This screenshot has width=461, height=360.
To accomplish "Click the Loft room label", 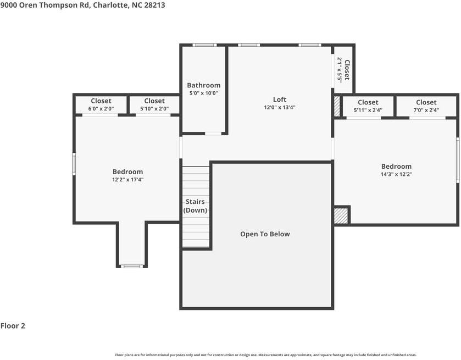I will click(280, 99).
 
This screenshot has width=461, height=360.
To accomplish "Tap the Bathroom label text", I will click(203, 85).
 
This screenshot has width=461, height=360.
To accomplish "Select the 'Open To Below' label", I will click(265, 234).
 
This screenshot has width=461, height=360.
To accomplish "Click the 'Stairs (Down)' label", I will click(195, 206).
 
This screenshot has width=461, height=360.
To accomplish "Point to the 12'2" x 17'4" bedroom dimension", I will click(127, 180).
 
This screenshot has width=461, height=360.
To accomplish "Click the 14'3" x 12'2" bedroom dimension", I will click(396, 174).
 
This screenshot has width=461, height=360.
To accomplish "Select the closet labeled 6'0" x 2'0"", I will click(101, 104).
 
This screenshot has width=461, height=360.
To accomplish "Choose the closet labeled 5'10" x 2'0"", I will click(154, 104).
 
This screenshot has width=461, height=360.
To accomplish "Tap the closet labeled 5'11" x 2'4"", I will click(368, 106).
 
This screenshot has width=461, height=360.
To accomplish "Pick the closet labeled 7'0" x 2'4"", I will click(426, 106).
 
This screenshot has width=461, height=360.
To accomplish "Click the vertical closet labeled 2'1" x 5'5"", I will click(343, 69).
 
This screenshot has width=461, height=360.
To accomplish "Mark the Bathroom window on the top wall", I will click(204, 45).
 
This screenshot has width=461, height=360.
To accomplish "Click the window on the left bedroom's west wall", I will click(74, 164).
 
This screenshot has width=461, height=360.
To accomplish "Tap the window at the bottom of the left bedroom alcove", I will click(132, 267).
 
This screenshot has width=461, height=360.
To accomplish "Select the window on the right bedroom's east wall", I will click(457, 160).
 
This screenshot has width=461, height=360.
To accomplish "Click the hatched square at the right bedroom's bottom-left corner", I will click(341, 215).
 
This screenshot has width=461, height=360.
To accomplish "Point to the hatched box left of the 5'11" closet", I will click(337, 107).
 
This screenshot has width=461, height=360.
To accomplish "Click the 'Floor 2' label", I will click(13, 326).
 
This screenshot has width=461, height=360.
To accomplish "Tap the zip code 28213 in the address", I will click(154, 5).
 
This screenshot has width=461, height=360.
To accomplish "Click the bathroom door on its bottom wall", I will click(213, 133).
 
